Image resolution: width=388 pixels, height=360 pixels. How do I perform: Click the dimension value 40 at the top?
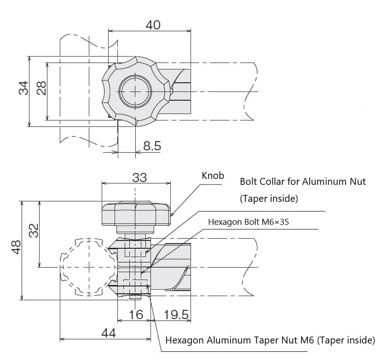click(153, 25)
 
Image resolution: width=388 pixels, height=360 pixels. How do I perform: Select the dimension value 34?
click(23, 88)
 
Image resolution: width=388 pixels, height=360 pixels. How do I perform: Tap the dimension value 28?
click(41, 88)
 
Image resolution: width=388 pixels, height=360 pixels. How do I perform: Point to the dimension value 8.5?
click(152, 146)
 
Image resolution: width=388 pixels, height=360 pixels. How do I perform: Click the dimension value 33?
click(139, 177)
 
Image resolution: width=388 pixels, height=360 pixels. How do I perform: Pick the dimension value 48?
click(16, 247)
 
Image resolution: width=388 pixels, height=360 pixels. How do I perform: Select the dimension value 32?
click(34, 231)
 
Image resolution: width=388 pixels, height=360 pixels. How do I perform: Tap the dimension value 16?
click(136, 314)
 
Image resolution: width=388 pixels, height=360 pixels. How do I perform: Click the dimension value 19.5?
click(176, 314)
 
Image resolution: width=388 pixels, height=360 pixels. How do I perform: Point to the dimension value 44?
click(109, 333)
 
